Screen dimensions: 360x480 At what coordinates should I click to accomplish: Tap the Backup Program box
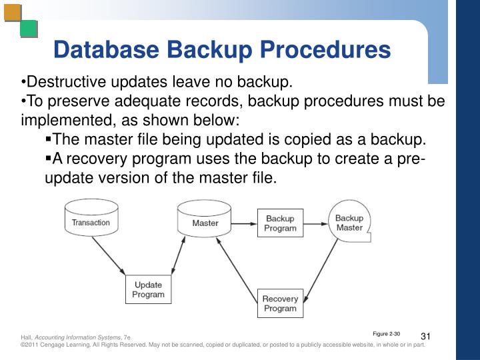coord(280,223)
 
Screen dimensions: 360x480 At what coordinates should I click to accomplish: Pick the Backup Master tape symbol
coord(349,223)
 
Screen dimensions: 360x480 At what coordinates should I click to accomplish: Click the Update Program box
coord(148,289)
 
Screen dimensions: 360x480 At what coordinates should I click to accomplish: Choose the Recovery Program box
coord(280,304)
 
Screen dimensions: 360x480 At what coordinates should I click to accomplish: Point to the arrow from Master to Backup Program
coord(245,223)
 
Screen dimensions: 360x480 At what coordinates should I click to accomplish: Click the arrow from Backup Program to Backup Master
coord(315,223)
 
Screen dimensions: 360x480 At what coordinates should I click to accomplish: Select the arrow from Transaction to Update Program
coord(109,256)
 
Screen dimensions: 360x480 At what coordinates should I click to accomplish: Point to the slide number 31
coord(427,335)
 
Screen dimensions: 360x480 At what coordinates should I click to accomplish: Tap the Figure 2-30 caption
coord(386,333)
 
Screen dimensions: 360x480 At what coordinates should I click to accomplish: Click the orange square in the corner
coord(12,13)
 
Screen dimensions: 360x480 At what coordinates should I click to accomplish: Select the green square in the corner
coord(29,29)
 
